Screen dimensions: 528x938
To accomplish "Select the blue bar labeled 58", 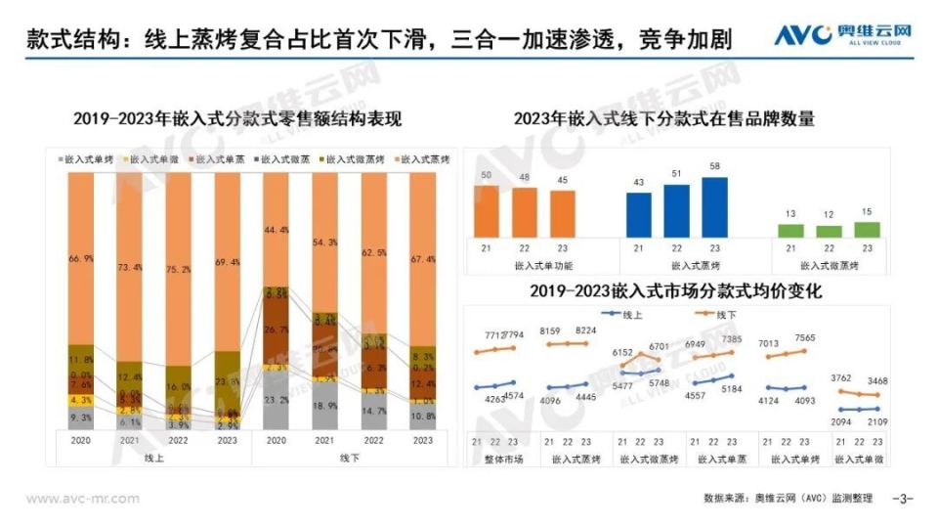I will coord(715,206).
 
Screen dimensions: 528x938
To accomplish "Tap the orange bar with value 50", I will coord(487,210).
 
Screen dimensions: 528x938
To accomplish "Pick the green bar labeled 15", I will coord(867,230).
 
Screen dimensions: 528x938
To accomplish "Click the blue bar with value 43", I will coord(639,214).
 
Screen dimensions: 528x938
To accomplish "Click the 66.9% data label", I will coord(81,258).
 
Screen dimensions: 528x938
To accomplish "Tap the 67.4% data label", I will coord(422,260).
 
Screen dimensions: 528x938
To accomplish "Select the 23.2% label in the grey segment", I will coord(276,401).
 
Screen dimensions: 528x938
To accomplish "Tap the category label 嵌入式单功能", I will coord(539,265).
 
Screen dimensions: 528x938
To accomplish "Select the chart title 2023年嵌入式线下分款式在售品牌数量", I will coord(664,119).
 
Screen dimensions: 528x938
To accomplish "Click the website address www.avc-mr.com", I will coord(82,499).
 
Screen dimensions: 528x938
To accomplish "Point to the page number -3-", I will coord(903,499).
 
